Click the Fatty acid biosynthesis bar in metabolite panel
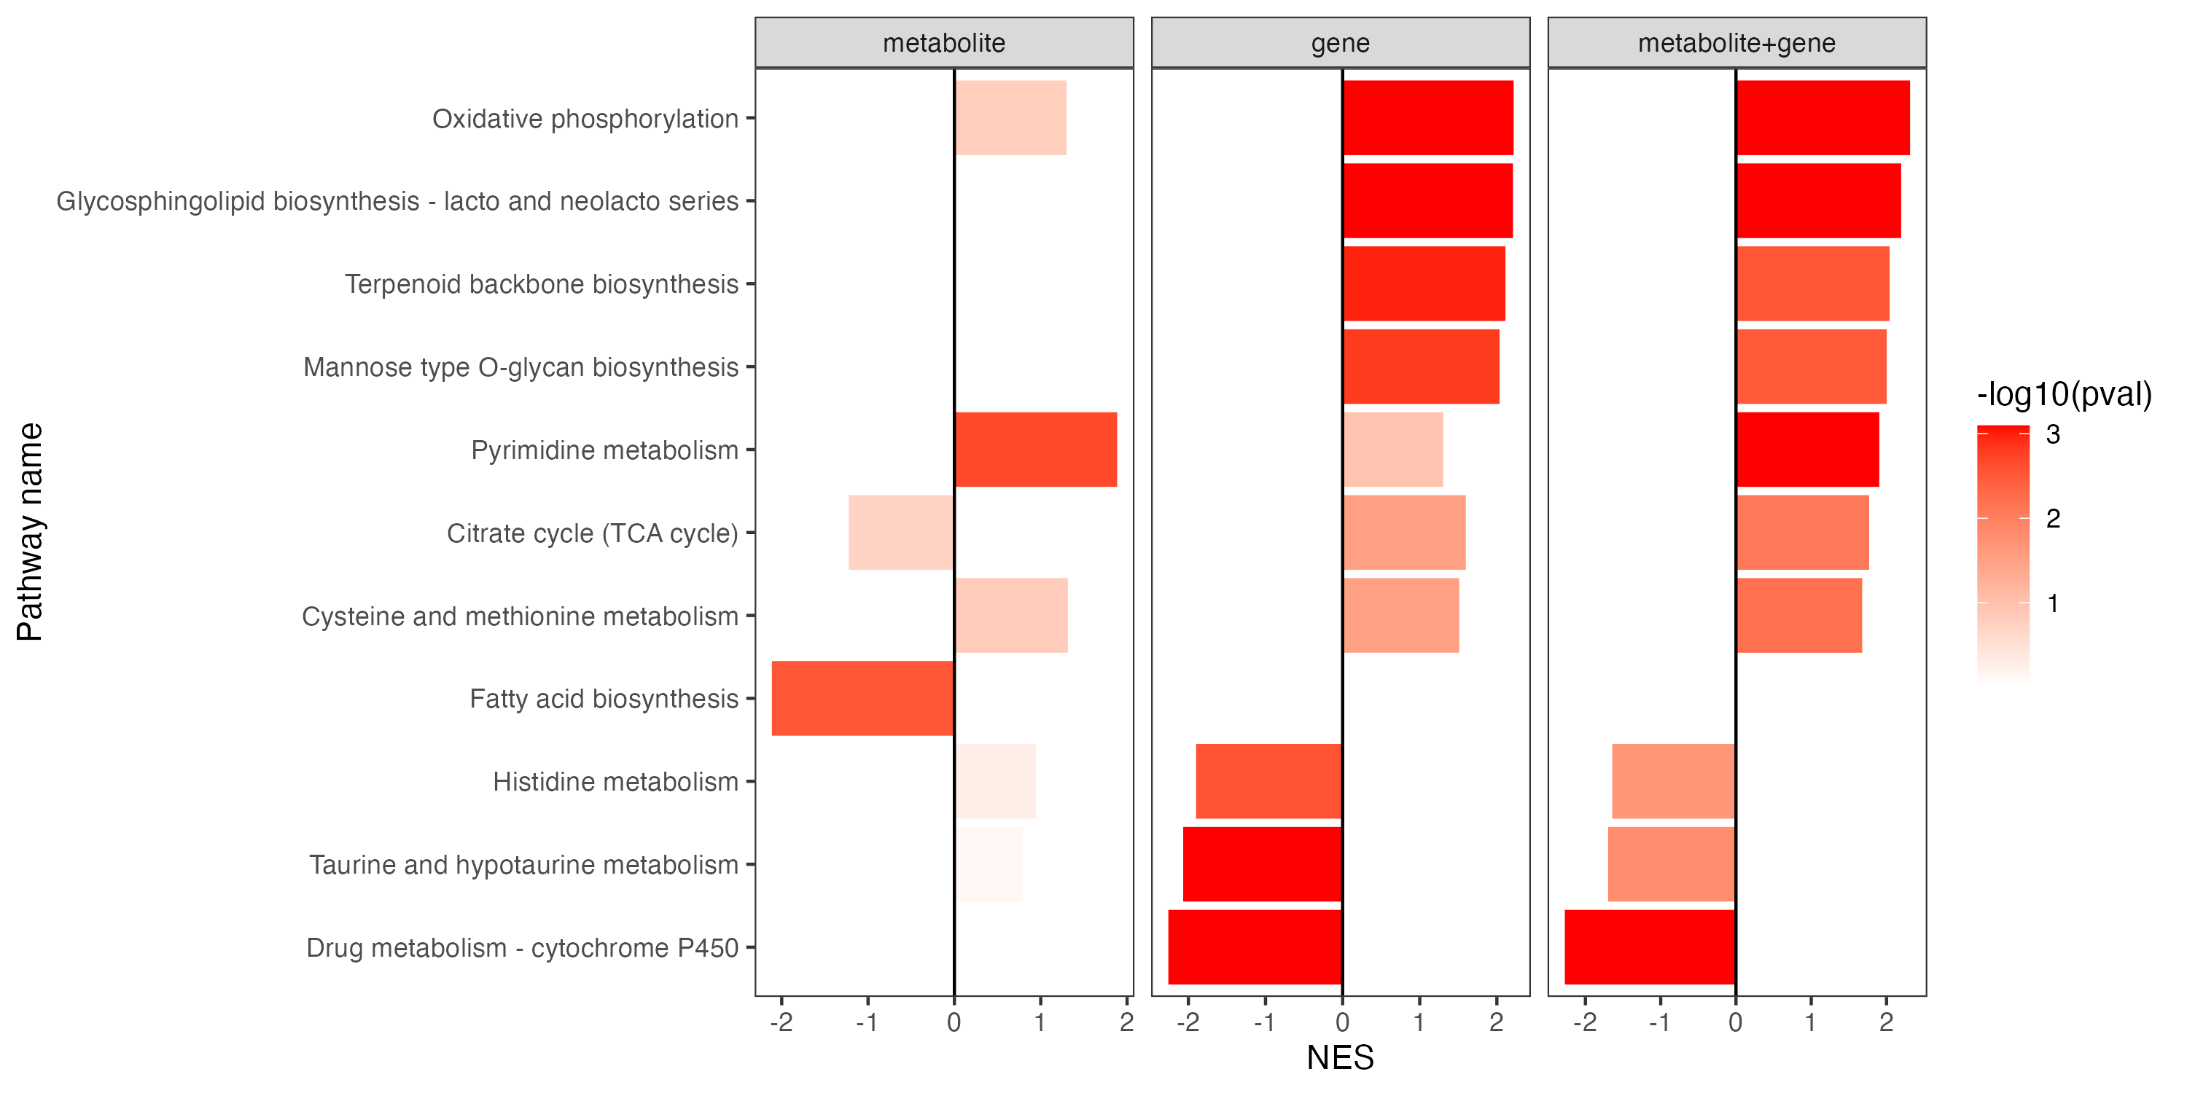pyautogui.click(x=862, y=698)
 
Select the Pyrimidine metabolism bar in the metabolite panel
pyautogui.click(x=1036, y=450)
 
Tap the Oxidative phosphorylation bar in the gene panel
pyautogui.click(x=1428, y=118)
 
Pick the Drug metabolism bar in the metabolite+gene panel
pyautogui.click(x=1650, y=947)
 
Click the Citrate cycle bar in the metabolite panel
pyautogui.click(x=901, y=533)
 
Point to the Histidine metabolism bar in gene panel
pyautogui.click(x=1268, y=782)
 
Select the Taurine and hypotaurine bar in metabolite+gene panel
pyautogui.click(x=1671, y=864)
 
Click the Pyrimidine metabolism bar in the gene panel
pyautogui.click(x=1392, y=450)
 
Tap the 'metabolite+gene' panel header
pyautogui.click(x=1736, y=43)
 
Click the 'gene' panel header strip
pyautogui.click(x=1340, y=43)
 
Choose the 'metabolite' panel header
pyautogui.click(x=943, y=43)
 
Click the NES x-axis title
pyautogui.click(x=1340, y=1058)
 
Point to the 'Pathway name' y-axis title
pyautogui.click(x=31, y=532)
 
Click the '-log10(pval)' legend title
pyautogui.click(x=2064, y=395)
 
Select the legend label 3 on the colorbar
pyautogui.click(x=2053, y=435)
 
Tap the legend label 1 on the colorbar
pyautogui.click(x=2053, y=604)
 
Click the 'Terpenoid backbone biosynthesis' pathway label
pyautogui.click(x=541, y=284)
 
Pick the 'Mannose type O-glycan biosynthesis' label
pyautogui.click(x=521, y=367)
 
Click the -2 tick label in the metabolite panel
pyautogui.click(x=780, y=1022)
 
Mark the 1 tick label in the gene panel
pyautogui.click(x=1419, y=1022)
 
